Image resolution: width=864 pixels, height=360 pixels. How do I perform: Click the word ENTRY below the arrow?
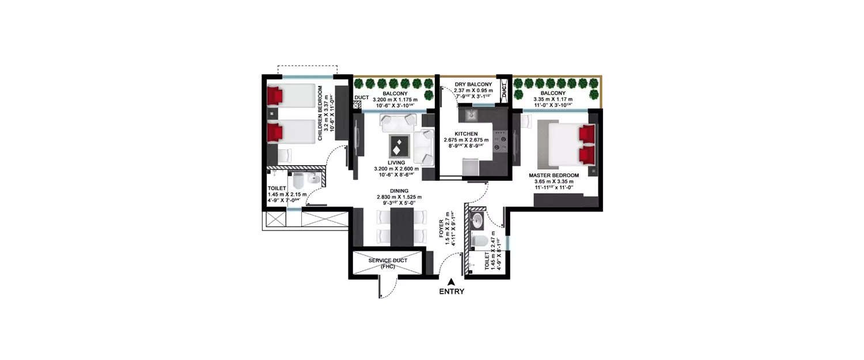click(451, 291)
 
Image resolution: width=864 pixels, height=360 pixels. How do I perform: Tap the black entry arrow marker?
click(451, 281)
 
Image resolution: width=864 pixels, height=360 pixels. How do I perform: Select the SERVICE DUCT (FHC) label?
click(388, 263)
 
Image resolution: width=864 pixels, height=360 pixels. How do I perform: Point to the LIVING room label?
click(397, 162)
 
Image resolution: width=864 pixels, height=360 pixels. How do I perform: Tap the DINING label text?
click(399, 191)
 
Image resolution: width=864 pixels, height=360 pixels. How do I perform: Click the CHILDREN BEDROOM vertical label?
click(320, 113)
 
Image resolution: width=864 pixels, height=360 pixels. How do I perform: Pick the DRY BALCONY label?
click(473, 84)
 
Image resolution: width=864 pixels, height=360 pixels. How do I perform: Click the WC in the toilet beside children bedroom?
click(298, 181)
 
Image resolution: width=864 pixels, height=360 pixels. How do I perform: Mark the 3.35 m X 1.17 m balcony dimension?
click(553, 99)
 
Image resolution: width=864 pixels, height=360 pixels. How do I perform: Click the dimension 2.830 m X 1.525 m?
click(399, 197)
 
